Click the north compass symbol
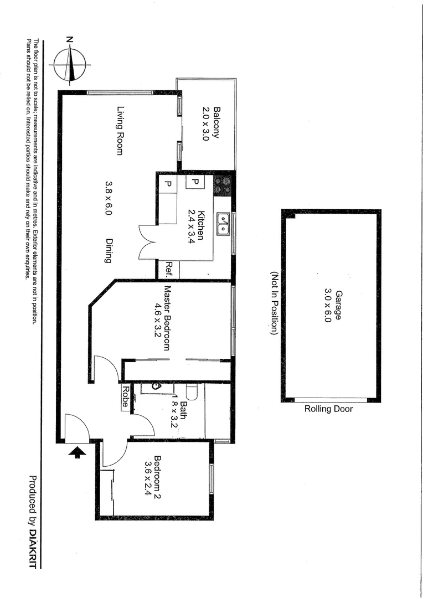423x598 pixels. click(x=70, y=64)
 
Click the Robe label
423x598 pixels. click(x=126, y=396)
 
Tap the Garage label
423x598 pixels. click(x=337, y=307)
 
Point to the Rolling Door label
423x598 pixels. click(x=328, y=409)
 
